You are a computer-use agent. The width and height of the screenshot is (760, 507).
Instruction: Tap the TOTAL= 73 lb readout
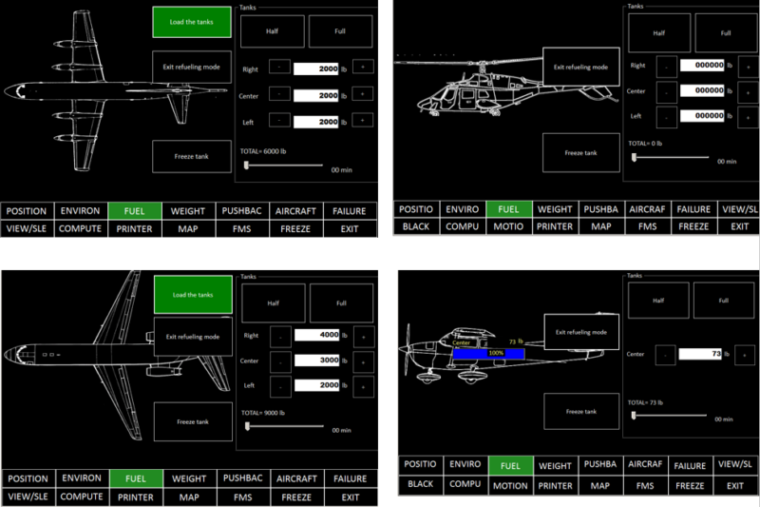point(648,403)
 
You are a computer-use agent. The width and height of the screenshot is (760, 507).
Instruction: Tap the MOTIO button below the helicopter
point(508,226)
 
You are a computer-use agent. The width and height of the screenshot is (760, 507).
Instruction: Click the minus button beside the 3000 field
point(280,361)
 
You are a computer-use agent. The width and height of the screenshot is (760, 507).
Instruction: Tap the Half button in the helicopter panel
point(658,33)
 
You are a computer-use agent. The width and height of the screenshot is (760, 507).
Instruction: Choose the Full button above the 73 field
point(725,301)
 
